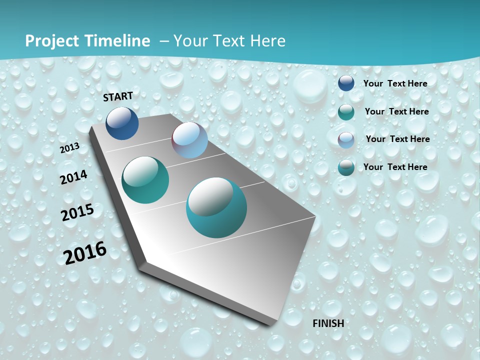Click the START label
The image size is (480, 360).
tap(118, 96)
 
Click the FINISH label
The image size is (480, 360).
tap(328, 323)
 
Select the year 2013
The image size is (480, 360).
tap(70, 148)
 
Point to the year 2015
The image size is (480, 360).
tap(77, 212)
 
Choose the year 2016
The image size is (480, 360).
tap(85, 253)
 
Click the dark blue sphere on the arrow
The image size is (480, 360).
tap(122, 123)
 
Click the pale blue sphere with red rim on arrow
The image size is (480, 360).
tap(189, 140)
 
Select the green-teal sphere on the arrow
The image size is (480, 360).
tap(145, 180)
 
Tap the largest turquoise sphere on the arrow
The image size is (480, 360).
tap(216, 207)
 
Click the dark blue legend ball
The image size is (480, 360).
tap(346, 83)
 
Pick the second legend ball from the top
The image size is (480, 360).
tap(346, 112)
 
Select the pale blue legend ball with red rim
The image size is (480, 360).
tap(346, 140)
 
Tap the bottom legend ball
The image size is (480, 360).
tap(346, 167)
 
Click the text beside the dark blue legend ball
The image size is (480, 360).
tap(395, 83)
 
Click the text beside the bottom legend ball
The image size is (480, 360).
tap(395, 167)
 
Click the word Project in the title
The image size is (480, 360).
tap(52, 41)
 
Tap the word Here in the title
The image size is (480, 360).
tap(267, 41)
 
